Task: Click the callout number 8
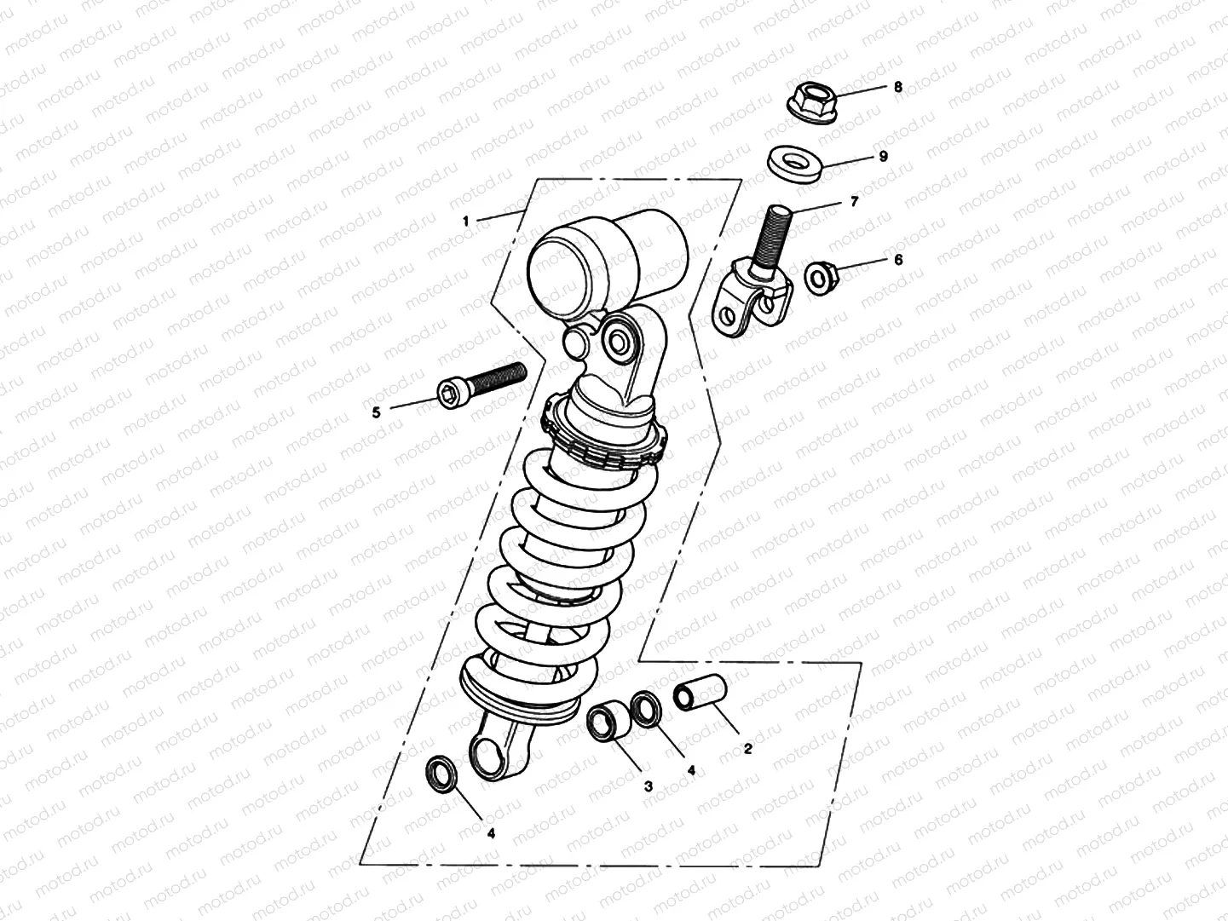[897, 87]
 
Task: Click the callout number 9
[884, 157]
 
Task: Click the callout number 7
[854, 202]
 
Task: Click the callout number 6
[897, 260]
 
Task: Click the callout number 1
[466, 221]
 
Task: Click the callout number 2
[747, 749]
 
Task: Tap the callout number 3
[648, 787]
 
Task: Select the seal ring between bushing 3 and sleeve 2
[648, 711]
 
